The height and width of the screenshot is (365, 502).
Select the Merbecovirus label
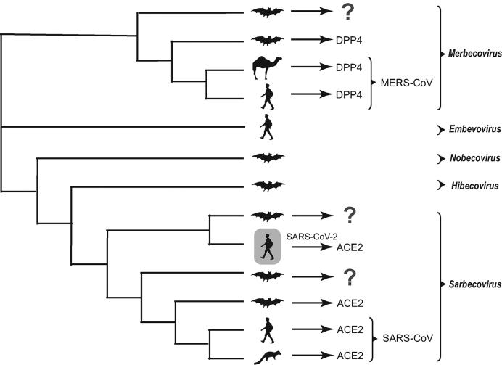pos(469,54)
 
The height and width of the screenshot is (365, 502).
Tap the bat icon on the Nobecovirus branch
pos(267,157)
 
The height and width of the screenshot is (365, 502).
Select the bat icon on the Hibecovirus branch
pos(267,186)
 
